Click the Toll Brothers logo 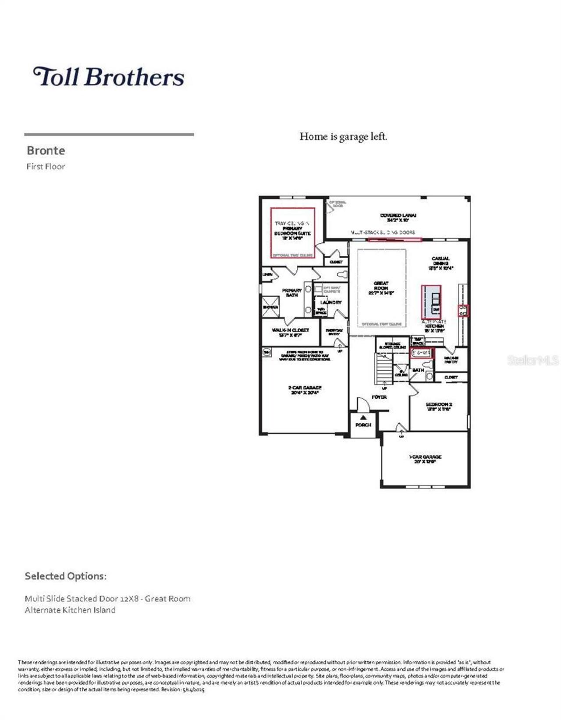pyautogui.click(x=109, y=77)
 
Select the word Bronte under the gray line pyautogui.click(x=46, y=151)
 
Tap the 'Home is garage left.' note pyautogui.click(x=343, y=137)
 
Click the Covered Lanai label pyautogui.click(x=398, y=218)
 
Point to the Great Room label pyautogui.click(x=381, y=288)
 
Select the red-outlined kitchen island pyautogui.click(x=431, y=301)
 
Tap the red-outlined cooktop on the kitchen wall pyautogui.click(x=463, y=311)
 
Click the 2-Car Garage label pyautogui.click(x=305, y=390)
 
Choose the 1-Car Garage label pyautogui.click(x=425, y=459)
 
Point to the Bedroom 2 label pyautogui.click(x=439, y=406)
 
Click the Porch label pyautogui.click(x=363, y=425)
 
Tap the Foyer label pyautogui.click(x=379, y=397)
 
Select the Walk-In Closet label pyautogui.click(x=290, y=332)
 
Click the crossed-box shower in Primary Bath pyautogui.click(x=270, y=306)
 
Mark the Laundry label pyautogui.click(x=331, y=302)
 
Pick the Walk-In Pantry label pyautogui.click(x=451, y=360)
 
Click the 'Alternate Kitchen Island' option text pyautogui.click(x=70, y=610)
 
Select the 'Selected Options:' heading pyautogui.click(x=65, y=576)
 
